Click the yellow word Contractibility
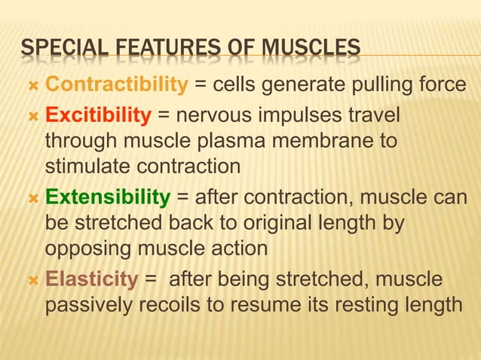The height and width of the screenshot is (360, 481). coord(115,86)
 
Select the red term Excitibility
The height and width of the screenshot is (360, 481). coord(98,117)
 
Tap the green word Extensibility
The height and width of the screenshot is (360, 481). coord(108,198)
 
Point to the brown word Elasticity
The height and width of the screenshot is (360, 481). coord(92,279)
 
